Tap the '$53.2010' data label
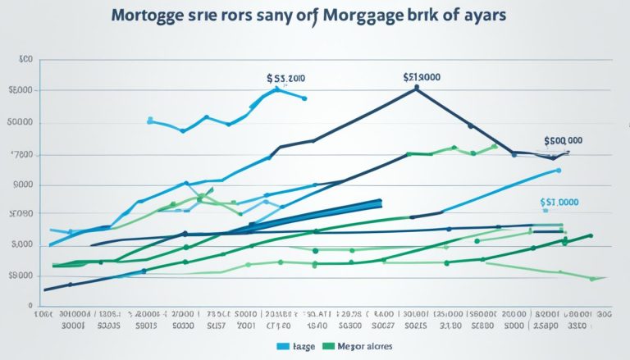click(x=285, y=79)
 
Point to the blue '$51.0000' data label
click(x=559, y=202)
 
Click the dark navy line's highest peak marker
click(x=417, y=88)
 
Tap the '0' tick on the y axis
click(x=29, y=304)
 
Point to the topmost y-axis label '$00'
click(x=25, y=60)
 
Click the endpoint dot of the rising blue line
click(x=559, y=171)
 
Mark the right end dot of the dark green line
click(x=591, y=236)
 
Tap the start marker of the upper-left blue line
click(x=149, y=120)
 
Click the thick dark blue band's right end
click(x=380, y=203)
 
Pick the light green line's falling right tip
click(x=592, y=279)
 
